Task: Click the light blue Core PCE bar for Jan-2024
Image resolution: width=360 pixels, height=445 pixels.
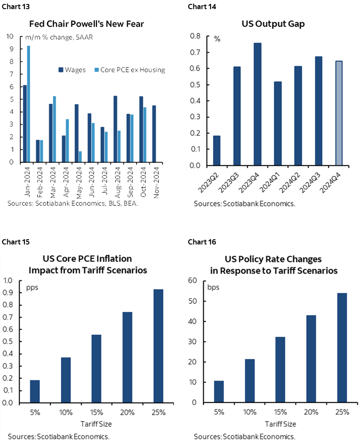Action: [x=29, y=104]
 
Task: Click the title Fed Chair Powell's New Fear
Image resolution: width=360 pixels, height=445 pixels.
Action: [x=87, y=24]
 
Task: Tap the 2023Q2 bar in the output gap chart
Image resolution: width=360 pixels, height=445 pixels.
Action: [x=217, y=151]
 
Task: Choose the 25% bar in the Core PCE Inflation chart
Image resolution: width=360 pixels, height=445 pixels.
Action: [x=158, y=346]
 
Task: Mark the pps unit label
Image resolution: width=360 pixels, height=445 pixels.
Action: [x=33, y=288]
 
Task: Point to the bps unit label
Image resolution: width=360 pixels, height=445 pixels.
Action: [x=213, y=288]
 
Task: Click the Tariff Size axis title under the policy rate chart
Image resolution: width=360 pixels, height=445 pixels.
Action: [x=282, y=424]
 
